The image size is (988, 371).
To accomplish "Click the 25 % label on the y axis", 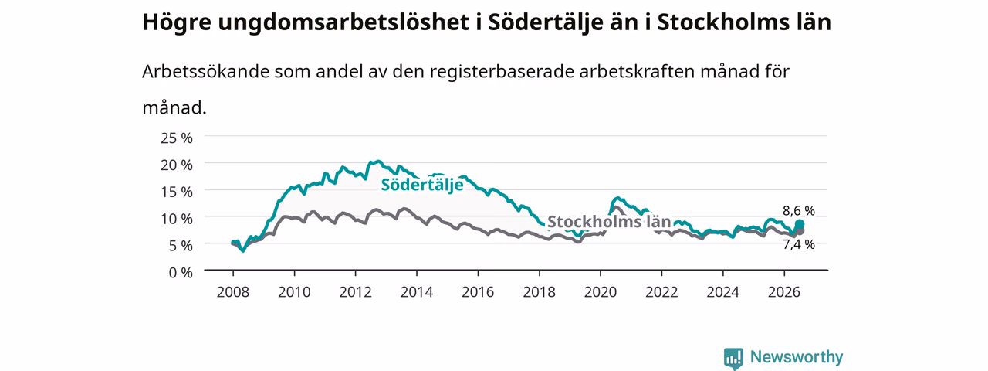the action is (x=177, y=138).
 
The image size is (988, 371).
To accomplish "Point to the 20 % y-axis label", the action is (x=177, y=165).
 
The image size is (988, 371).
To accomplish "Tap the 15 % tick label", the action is (x=177, y=192).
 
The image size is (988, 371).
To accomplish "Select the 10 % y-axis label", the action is (x=177, y=219).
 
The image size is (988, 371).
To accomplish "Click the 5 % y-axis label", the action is (x=181, y=246).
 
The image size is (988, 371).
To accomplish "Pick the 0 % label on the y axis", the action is (x=181, y=273).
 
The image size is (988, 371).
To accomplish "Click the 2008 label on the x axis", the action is (x=233, y=292).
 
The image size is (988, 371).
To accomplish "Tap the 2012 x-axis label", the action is (x=356, y=292).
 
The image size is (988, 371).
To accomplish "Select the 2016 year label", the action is (x=478, y=292).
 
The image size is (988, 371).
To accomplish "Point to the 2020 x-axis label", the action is (x=601, y=292).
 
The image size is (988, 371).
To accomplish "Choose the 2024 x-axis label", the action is (x=723, y=292).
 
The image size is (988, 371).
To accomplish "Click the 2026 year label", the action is (x=784, y=292).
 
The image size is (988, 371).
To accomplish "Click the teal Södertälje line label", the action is (x=422, y=185).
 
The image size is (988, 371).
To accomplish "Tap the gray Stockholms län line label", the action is (x=609, y=221).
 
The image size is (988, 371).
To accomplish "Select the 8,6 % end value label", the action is (x=799, y=211).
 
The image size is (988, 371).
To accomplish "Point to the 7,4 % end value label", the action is (x=799, y=244).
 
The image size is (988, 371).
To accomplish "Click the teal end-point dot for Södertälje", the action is (x=800, y=224).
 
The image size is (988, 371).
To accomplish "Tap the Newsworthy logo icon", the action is (x=733, y=358).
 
